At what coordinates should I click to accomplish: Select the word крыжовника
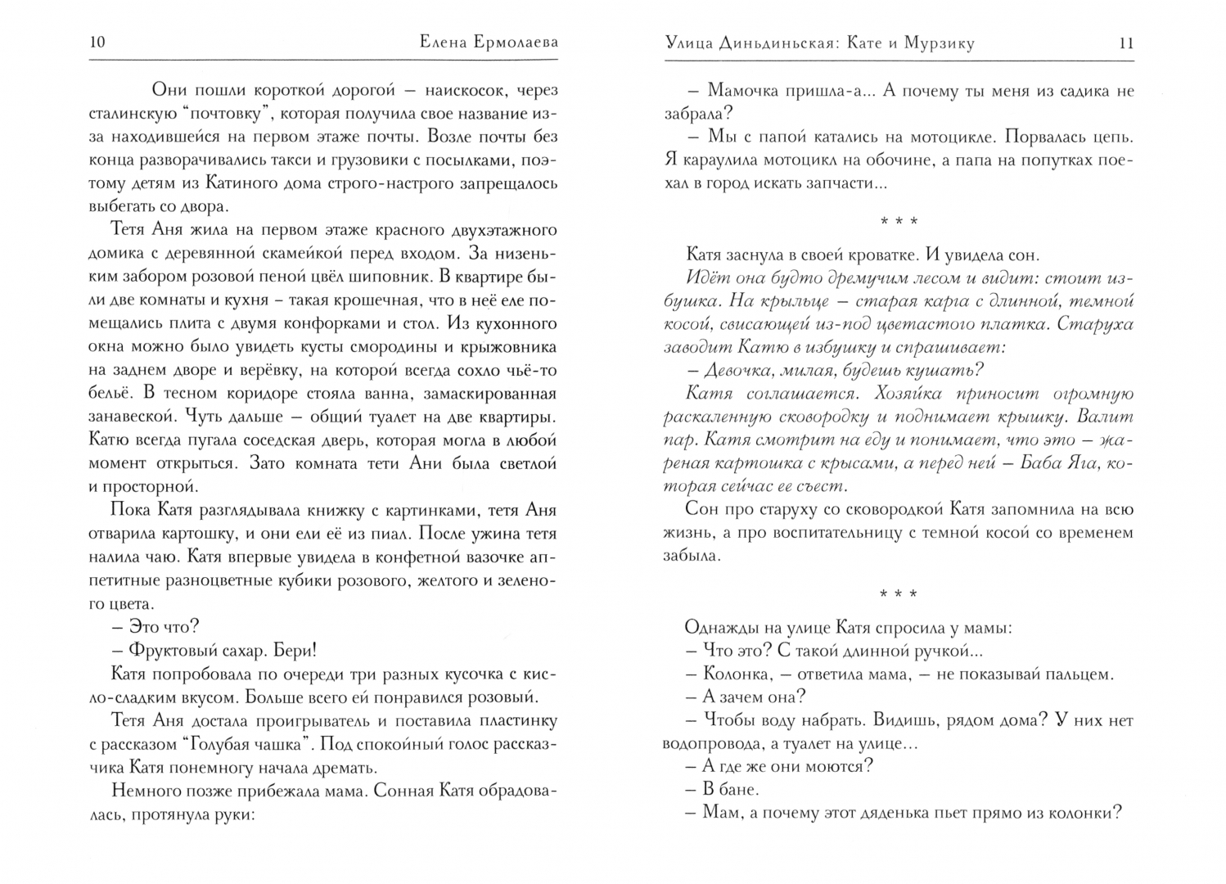coord(512,346)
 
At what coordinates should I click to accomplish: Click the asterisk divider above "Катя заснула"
coord(898,221)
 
